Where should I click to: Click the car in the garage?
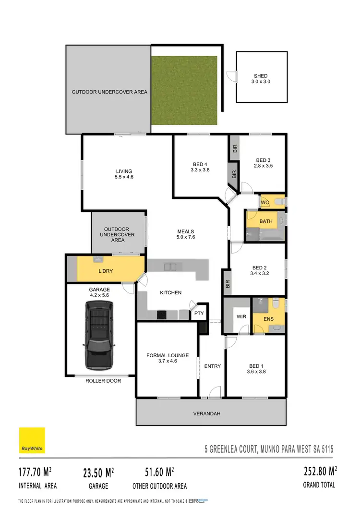(99, 335)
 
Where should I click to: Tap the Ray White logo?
(32, 440)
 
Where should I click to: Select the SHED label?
(261, 76)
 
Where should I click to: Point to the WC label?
(264, 203)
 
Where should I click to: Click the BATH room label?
(266, 221)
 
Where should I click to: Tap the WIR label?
(241, 317)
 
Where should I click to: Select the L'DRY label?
(105, 271)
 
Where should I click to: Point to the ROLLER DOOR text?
(103, 381)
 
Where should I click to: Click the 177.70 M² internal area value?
(36, 473)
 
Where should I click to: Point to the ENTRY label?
(213, 366)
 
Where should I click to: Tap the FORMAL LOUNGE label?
(168, 356)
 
